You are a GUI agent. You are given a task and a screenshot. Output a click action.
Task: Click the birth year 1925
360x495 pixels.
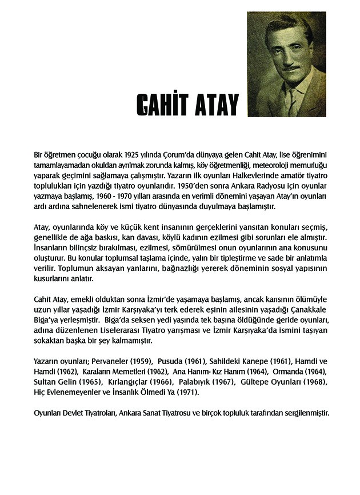(126, 155)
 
